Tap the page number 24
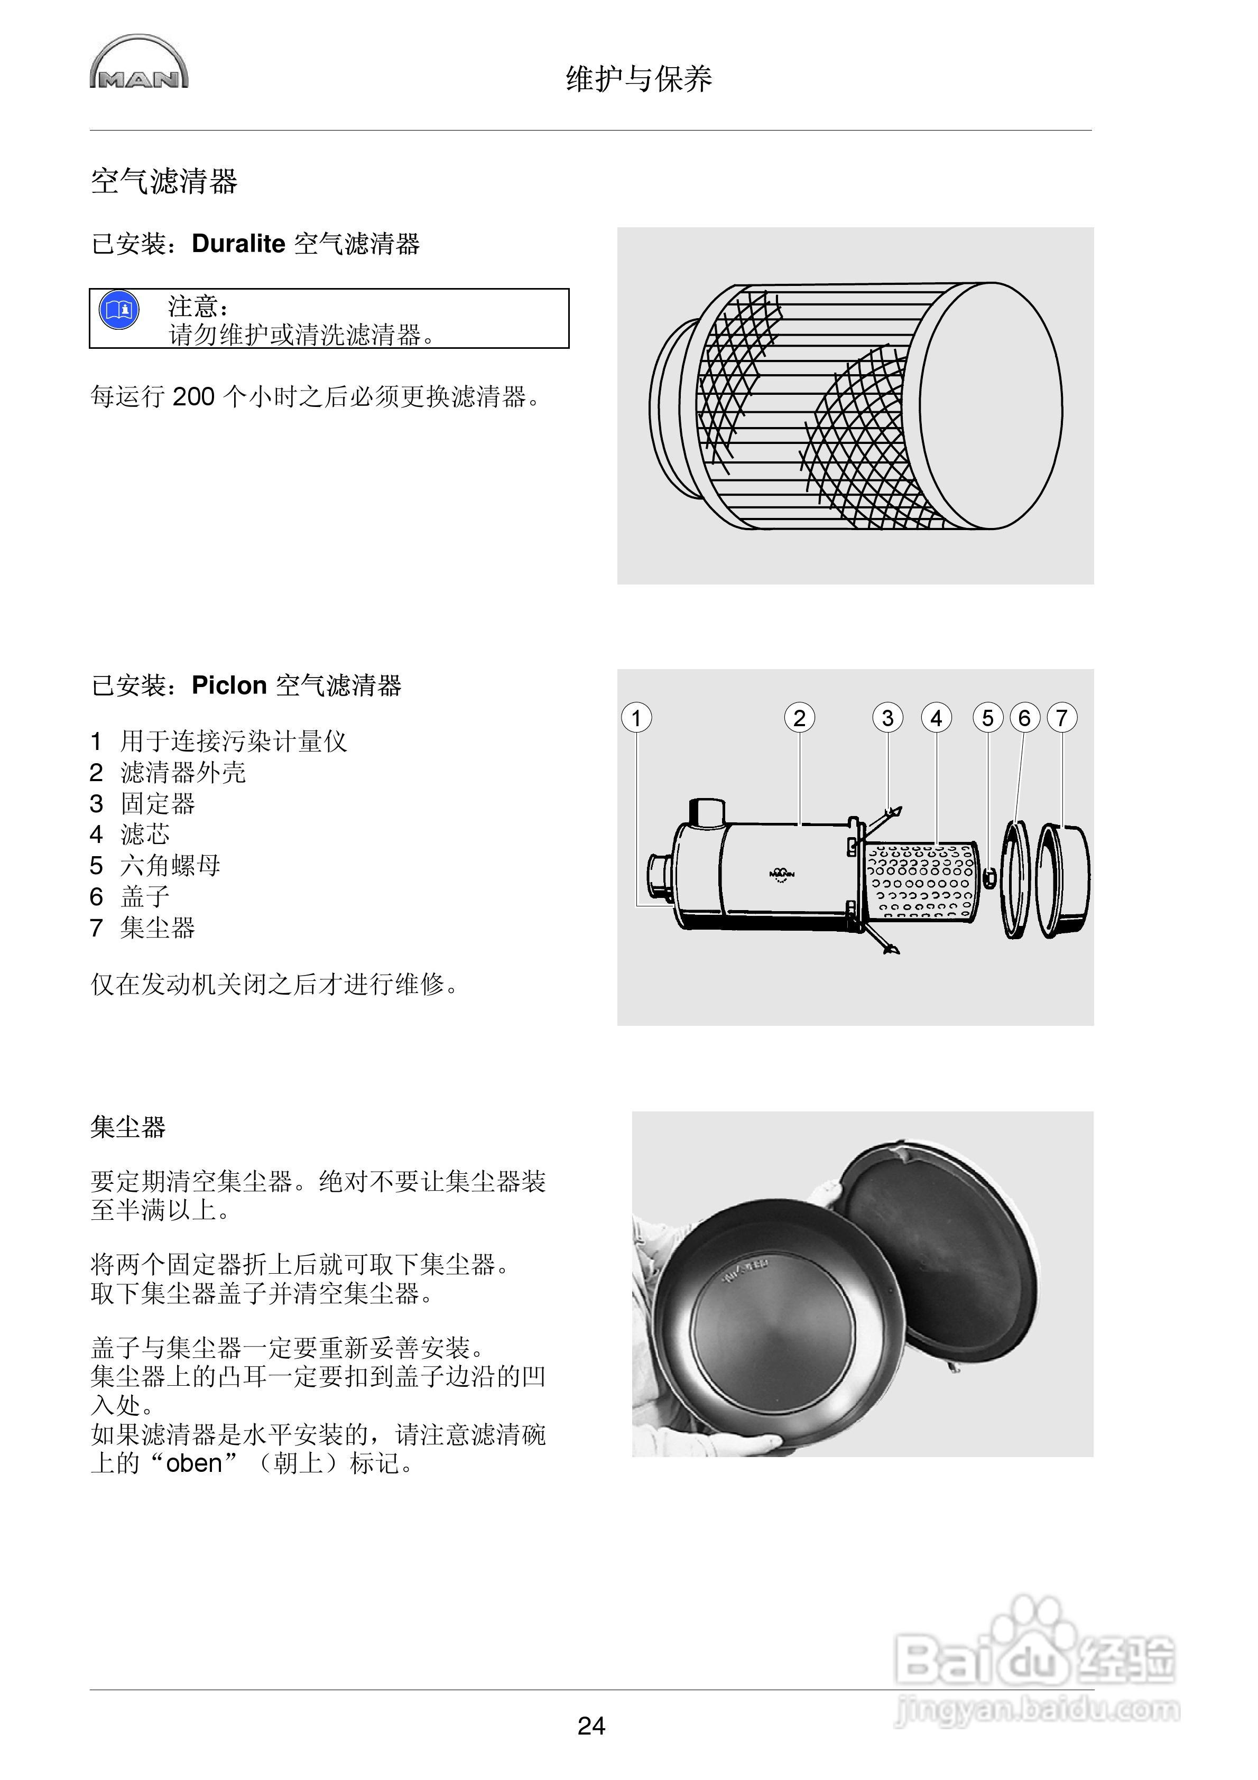[x=591, y=1725]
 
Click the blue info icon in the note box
[x=119, y=311]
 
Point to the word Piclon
[x=229, y=686]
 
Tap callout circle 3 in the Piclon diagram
[x=887, y=718]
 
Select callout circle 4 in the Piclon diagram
[x=936, y=718]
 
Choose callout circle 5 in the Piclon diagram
[x=987, y=718]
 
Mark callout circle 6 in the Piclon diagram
[x=1024, y=718]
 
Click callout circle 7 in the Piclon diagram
[x=1062, y=718]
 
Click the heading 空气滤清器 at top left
[x=164, y=181]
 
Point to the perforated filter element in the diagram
[x=921, y=882]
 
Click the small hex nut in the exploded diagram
[x=989, y=878]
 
